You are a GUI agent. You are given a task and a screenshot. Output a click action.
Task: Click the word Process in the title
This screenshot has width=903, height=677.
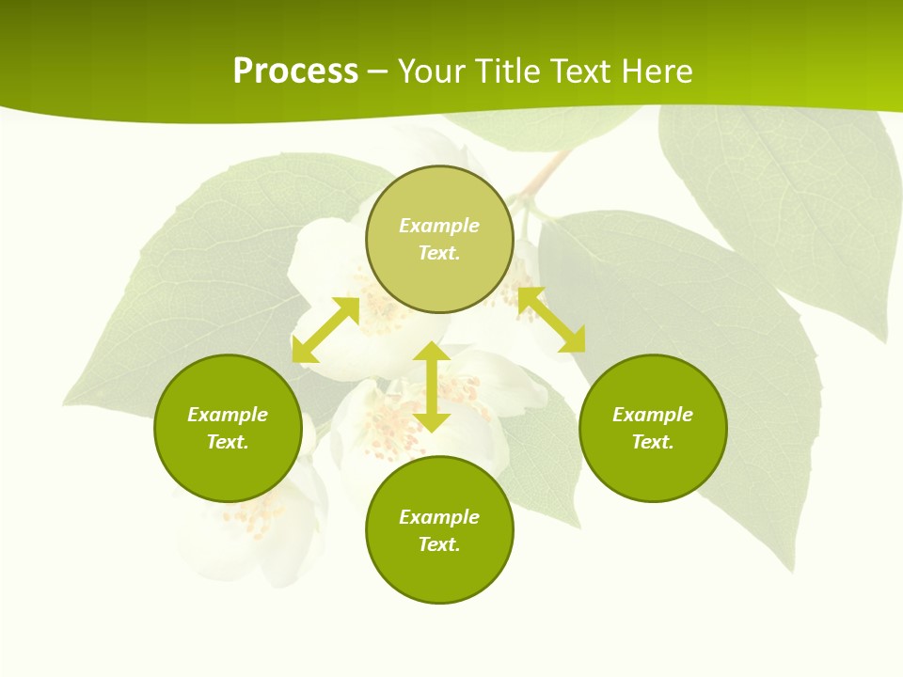tap(295, 71)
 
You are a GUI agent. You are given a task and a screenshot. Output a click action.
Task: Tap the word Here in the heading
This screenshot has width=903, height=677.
tap(655, 71)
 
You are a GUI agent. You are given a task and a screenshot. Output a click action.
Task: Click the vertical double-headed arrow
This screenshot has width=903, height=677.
tap(432, 386)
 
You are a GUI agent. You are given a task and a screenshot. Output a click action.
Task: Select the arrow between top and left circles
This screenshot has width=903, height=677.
tap(325, 330)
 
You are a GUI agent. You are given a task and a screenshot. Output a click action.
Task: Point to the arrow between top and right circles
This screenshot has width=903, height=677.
tap(551, 320)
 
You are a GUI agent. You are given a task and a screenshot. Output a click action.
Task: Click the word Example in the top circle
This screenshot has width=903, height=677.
tap(439, 226)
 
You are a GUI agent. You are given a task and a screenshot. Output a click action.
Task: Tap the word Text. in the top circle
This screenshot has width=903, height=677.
tap(439, 253)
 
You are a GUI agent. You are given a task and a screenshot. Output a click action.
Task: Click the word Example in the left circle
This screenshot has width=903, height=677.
tap(228, 415)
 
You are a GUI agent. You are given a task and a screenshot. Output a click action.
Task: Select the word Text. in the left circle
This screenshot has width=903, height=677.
tap(228, 442)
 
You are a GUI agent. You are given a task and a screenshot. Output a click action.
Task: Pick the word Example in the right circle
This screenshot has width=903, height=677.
tap(653, 415)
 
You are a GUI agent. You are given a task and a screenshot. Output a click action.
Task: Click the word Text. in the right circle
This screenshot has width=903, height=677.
tap(653, 442)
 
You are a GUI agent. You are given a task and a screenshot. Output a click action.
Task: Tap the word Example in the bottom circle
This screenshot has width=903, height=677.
tap(439, 517)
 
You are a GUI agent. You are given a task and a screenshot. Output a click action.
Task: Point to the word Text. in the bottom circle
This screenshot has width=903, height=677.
tap(439, 544)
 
